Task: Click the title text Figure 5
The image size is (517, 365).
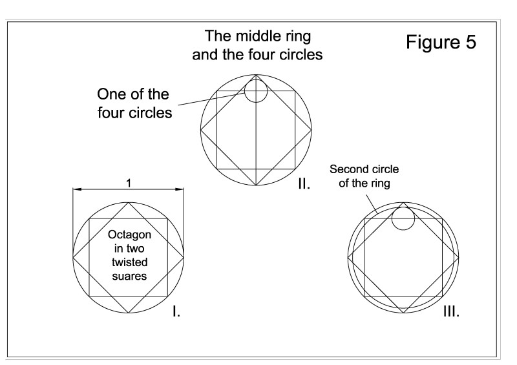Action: (441, 43)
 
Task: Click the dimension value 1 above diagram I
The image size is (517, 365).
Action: (129, 183)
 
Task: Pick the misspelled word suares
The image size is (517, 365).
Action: (129, 275)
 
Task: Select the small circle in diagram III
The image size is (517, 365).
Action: (403, 218)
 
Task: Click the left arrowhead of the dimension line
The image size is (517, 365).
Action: (76, 189)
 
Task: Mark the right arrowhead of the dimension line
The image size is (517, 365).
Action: (180, 189)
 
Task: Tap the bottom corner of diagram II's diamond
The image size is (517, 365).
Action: (257, 185)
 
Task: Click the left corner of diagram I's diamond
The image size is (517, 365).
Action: (73, 257)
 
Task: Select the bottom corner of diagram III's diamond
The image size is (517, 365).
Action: (403, 313)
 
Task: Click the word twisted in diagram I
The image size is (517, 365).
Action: (129, 262)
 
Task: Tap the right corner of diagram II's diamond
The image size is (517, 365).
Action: (312, 130)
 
